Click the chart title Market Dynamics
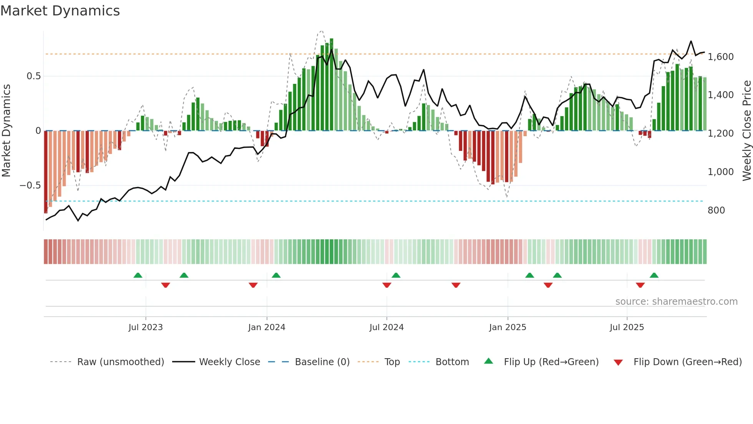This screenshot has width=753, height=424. pos(60,11)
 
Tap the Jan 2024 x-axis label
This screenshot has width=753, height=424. pos(267,327)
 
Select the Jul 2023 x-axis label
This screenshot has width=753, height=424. pos(146,327)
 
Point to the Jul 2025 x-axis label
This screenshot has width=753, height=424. pos(627,327)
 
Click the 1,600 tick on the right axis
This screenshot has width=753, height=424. pos(721,57)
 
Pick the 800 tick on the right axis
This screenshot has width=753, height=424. pos(716,210)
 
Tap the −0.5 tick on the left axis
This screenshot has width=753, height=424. pos(30,185)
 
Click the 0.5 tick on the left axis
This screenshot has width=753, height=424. pos(33,76)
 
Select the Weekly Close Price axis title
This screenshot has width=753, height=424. pos(746,131)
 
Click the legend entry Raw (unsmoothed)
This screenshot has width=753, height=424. pos(120,362)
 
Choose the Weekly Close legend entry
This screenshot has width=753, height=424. pos(229,362)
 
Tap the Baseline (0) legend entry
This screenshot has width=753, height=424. pos(322,362)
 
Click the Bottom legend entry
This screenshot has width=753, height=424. pos(452,362)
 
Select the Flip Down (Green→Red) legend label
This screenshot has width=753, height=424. pos(687,362)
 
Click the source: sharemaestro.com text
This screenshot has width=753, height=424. pos(676,302)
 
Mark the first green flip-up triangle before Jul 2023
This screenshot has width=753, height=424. pos(138,275)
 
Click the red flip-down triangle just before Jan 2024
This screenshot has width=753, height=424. pos(253,285)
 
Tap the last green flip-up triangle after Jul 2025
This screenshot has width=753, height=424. pos(654,275)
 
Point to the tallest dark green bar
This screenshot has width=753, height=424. pos(332,85)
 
